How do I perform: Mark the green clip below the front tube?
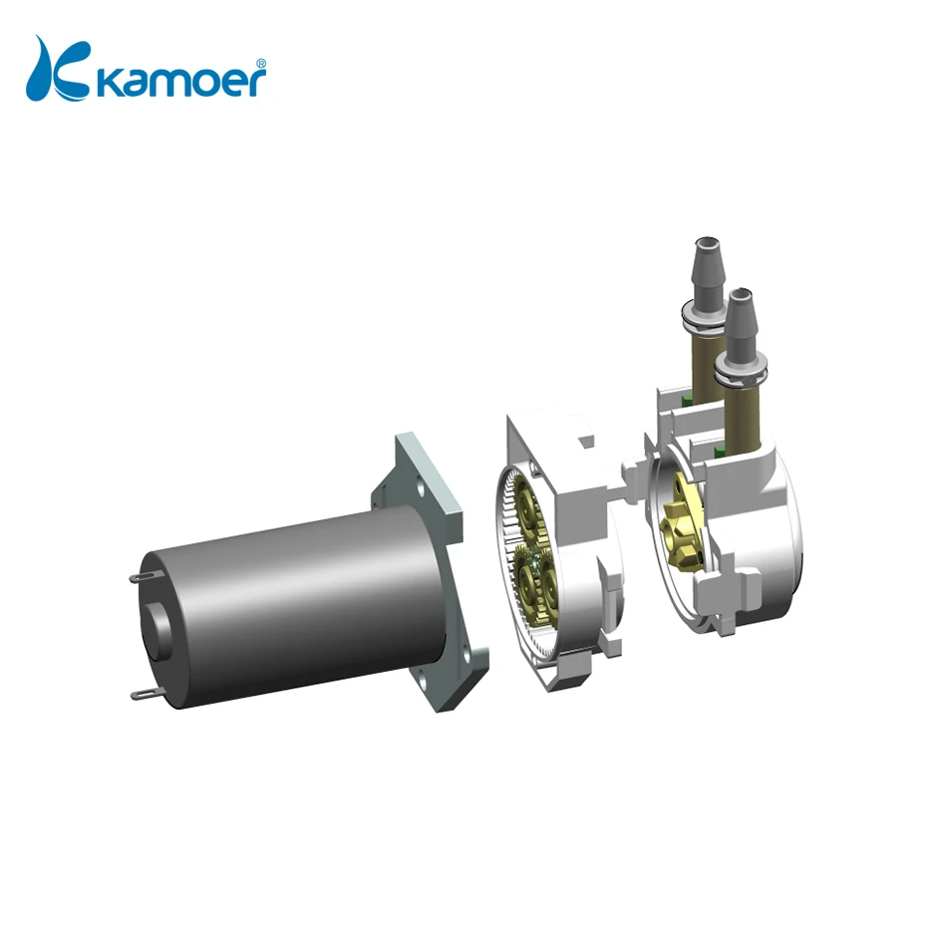(x=721, y=455)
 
